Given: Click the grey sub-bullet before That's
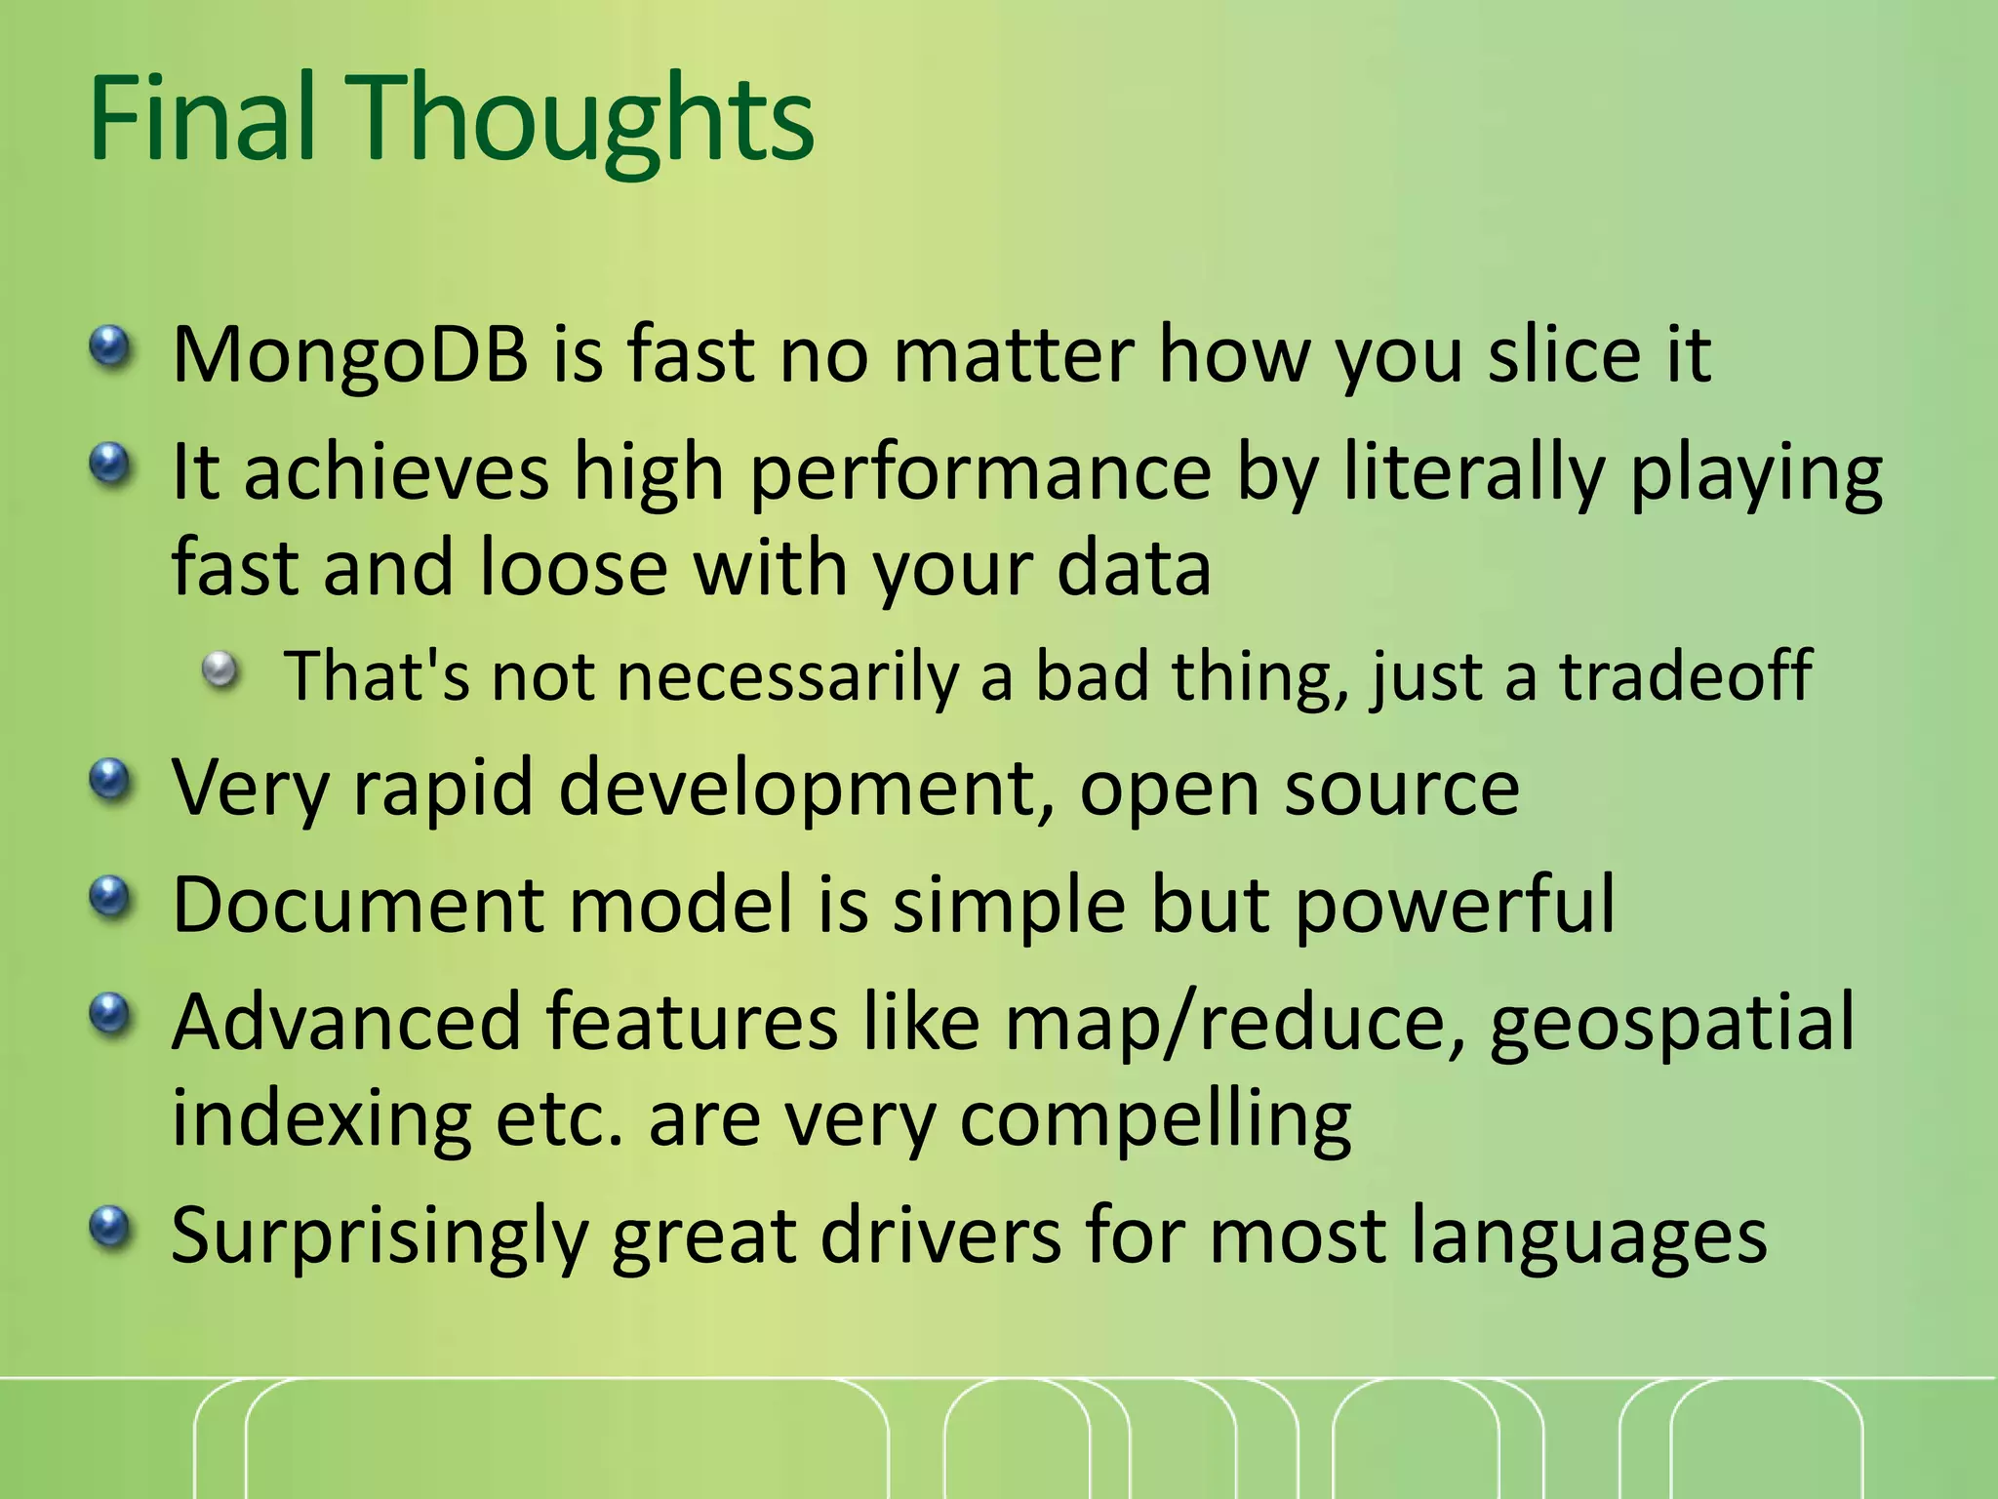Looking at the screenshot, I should point(221,670).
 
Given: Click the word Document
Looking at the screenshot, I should point(358,905).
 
